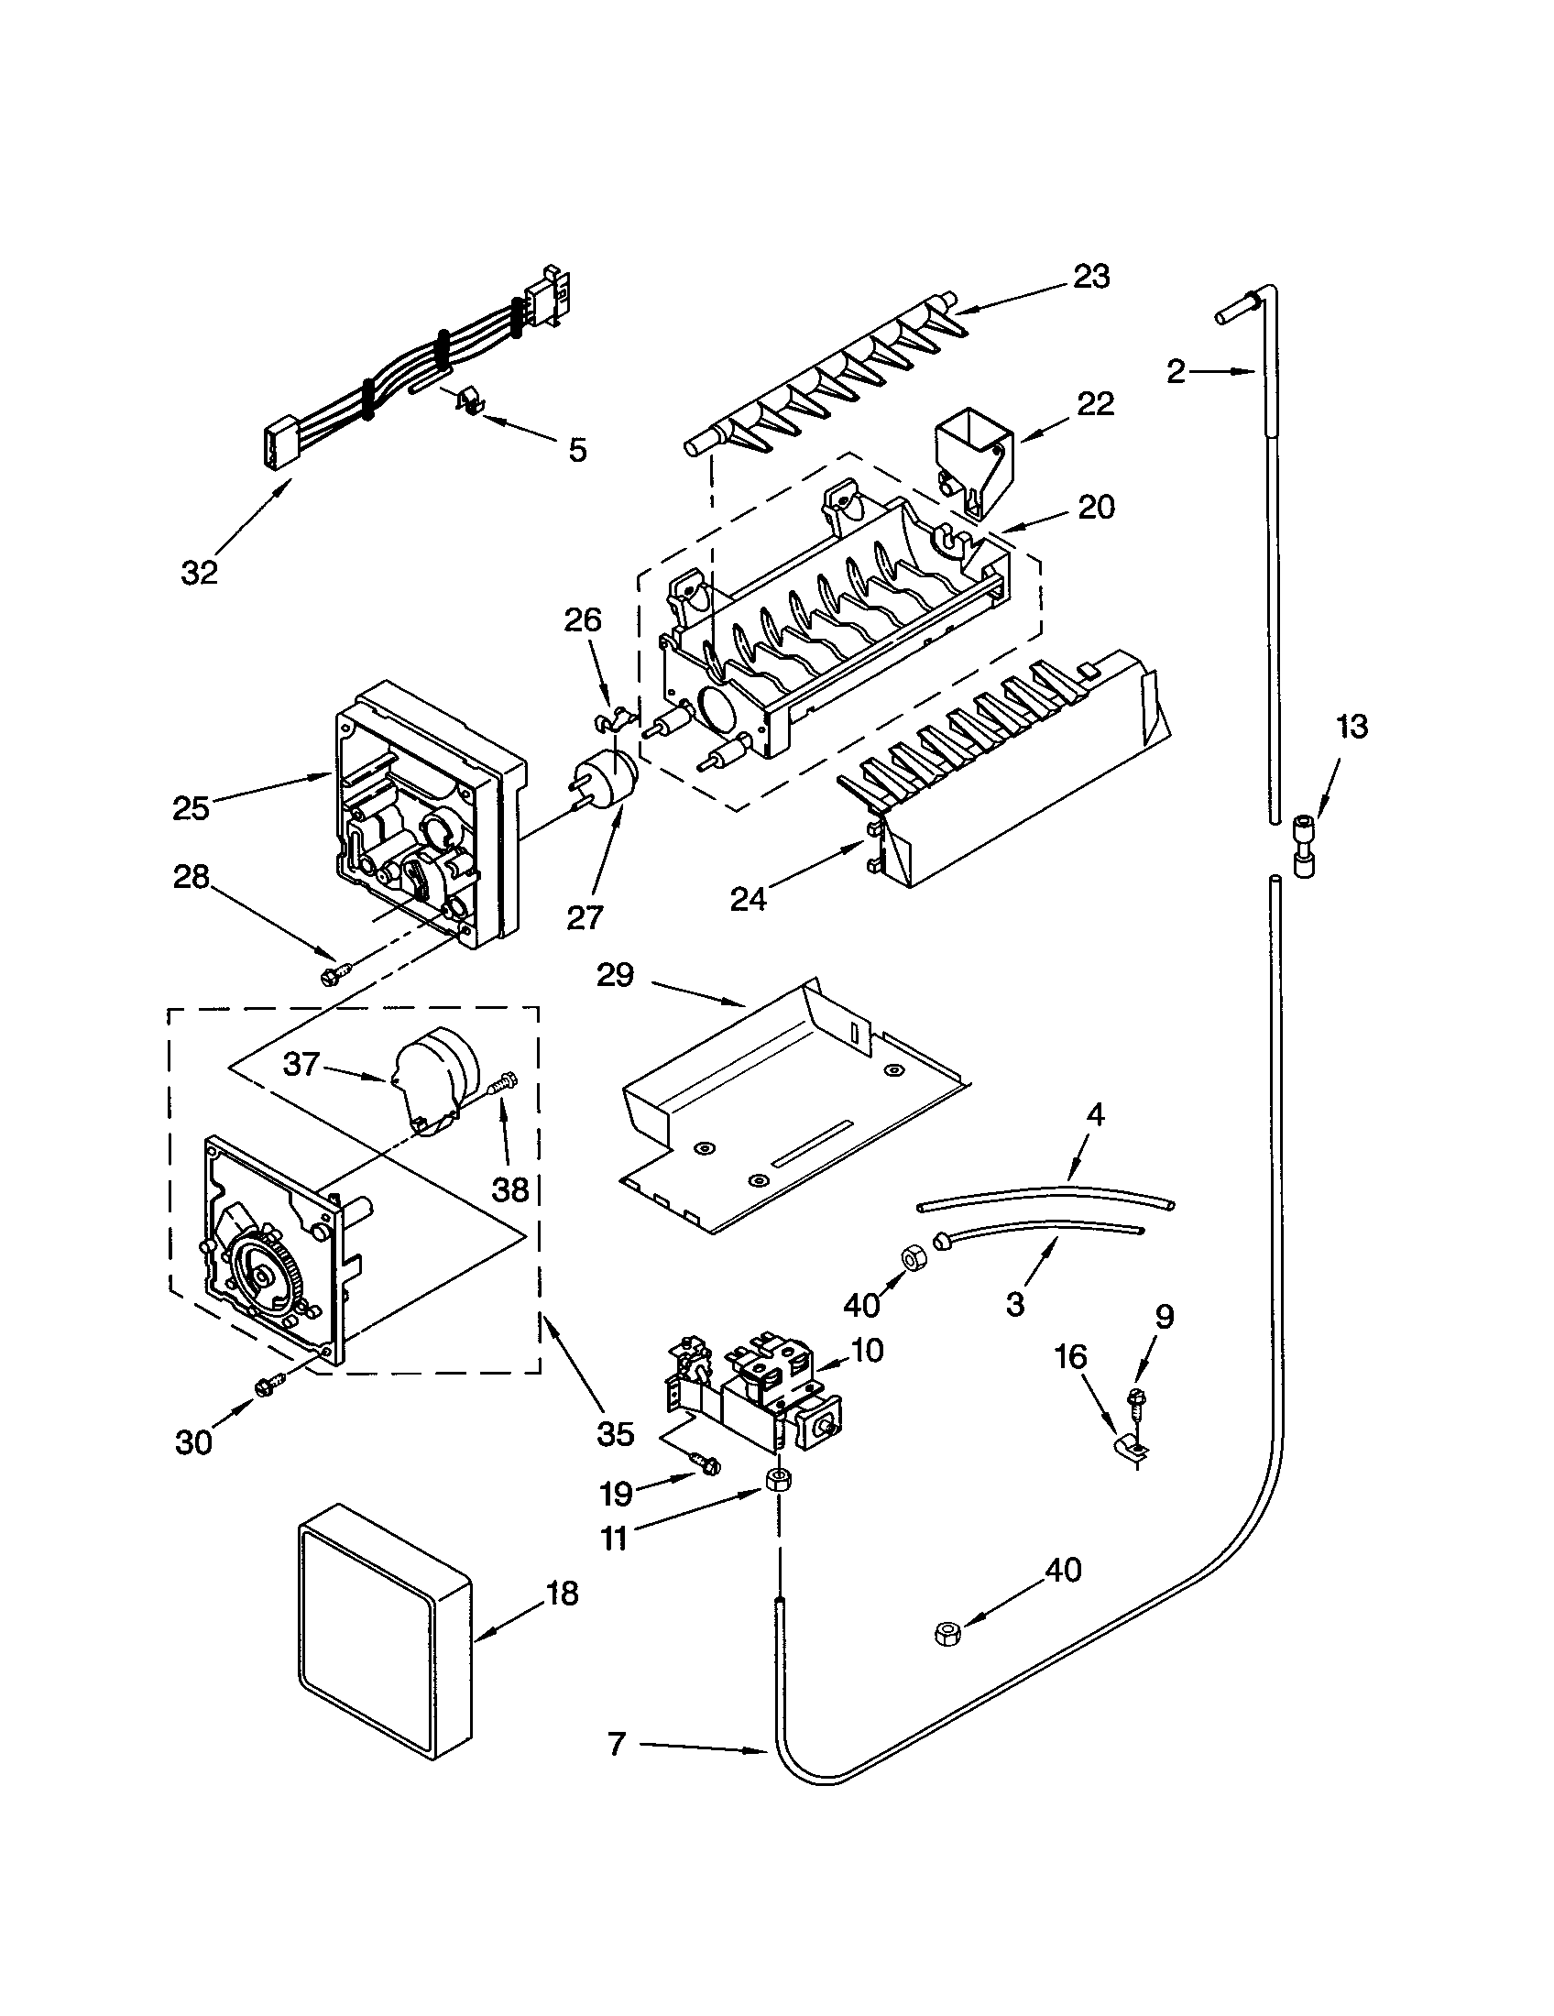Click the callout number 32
200,573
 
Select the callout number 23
1091,276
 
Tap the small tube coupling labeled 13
1305,846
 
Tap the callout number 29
616,975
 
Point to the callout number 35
615,1433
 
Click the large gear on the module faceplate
265,1276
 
